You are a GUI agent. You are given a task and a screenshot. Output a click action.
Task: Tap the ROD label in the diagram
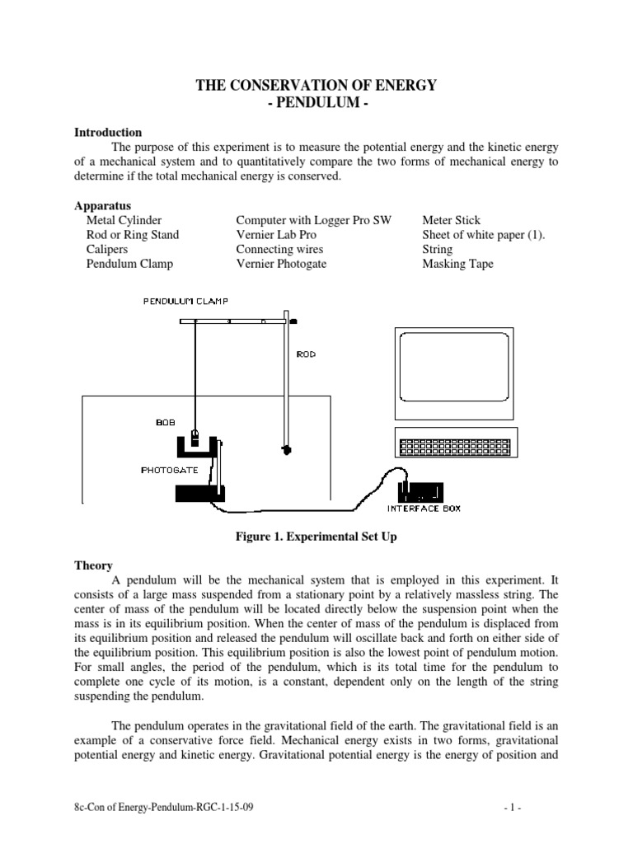coord(306,354)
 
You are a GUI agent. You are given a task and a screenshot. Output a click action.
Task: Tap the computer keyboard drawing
coord(455,447)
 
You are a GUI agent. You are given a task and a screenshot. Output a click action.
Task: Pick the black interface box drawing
coord(425,491)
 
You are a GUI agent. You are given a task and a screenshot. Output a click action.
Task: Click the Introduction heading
coord(108,132)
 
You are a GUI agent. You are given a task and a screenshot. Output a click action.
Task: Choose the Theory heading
coord(92,566)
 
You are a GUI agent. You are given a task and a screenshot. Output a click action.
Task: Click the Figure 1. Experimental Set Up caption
coord(316,537)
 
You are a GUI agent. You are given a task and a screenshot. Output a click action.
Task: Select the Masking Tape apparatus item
coord(457,264)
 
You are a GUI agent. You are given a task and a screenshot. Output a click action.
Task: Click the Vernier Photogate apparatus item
coord(281,264)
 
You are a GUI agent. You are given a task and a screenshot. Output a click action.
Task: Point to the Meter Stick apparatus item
coord(452,220)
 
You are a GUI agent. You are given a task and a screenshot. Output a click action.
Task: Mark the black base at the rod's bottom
coord(287,449)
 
